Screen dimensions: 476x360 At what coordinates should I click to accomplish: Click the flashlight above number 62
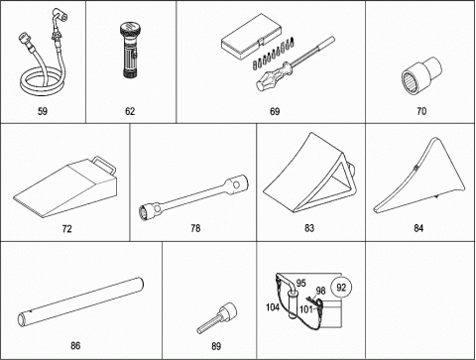129,51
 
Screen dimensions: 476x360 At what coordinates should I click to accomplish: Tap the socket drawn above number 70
421,75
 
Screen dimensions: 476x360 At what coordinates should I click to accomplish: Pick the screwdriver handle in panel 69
273,77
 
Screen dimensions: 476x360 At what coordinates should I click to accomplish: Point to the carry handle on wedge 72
105,165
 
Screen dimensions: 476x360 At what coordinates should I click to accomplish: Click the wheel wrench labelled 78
193,197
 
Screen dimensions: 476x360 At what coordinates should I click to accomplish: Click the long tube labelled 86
80,301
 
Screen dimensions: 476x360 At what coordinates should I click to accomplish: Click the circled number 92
341,287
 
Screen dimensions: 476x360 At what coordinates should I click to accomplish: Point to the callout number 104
273,307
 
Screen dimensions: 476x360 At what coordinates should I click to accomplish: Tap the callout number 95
300,284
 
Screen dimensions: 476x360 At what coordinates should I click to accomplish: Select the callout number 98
320,291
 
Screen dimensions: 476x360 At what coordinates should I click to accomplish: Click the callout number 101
306,309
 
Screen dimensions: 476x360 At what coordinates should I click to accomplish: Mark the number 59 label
43,111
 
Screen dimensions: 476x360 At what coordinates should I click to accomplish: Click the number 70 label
421,111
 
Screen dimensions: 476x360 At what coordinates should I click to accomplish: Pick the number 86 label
75,346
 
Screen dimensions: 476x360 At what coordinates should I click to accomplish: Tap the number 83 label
309,228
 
